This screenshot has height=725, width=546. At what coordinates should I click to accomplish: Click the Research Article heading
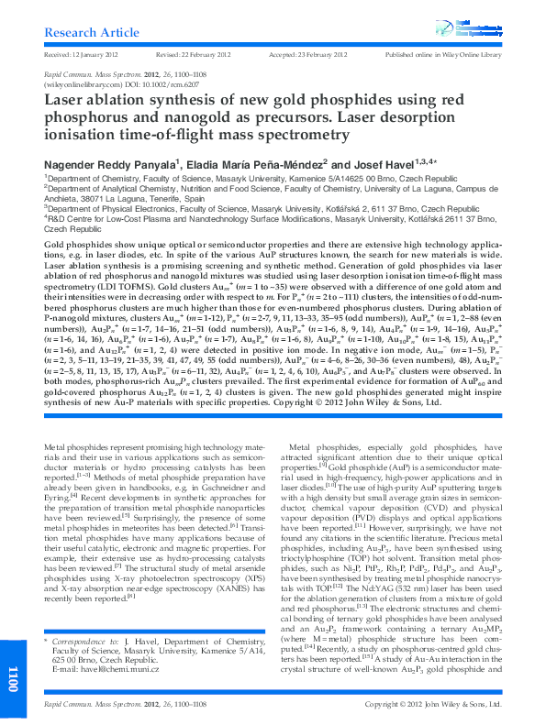coord(84,32)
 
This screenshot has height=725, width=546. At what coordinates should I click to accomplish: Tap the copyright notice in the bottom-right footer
coord(433,704)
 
